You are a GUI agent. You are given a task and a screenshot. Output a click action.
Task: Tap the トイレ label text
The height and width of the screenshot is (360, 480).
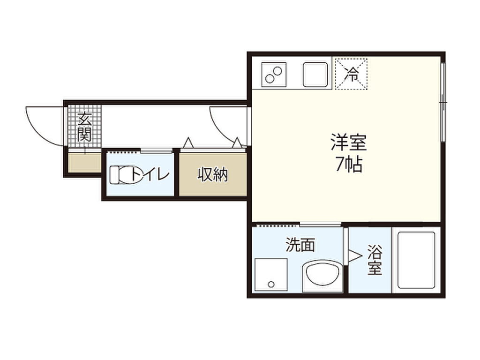150,175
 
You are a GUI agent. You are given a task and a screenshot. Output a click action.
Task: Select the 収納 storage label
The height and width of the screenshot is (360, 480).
212,175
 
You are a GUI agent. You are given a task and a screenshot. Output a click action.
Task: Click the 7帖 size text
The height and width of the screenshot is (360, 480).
348,164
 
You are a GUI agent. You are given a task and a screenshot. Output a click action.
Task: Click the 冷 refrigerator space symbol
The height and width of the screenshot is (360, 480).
351,73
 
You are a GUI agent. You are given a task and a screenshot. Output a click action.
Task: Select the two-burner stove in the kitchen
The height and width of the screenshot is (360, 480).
274,74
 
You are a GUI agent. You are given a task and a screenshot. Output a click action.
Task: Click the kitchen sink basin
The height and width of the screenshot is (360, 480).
315,74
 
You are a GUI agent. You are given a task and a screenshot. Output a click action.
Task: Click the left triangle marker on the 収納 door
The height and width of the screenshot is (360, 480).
188,142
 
